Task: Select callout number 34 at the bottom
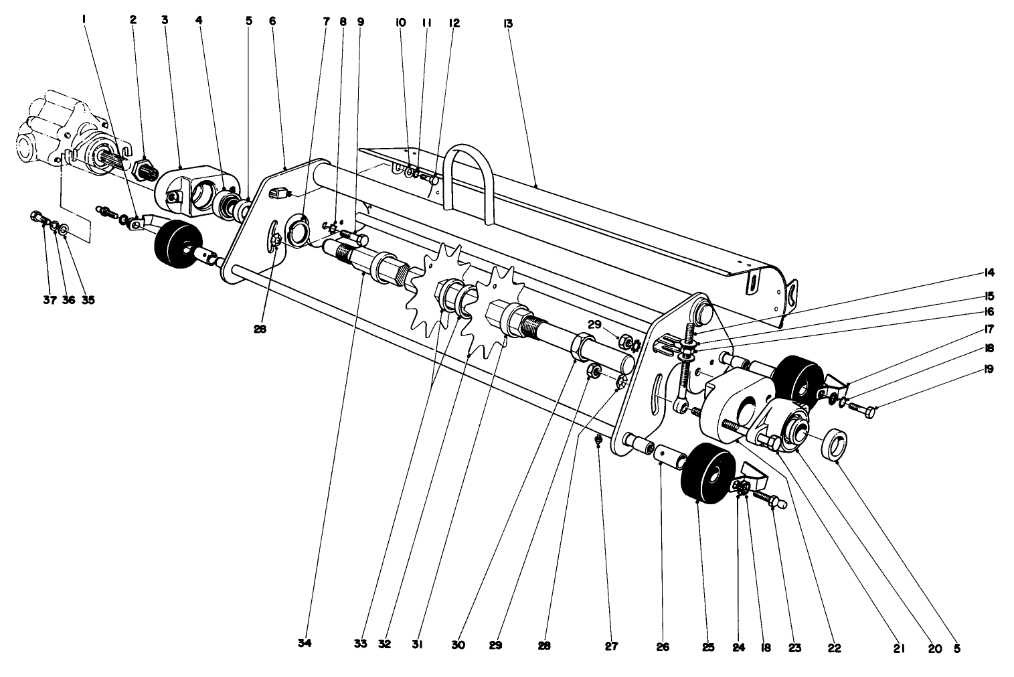click(304, 643)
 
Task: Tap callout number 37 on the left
click(49, 300)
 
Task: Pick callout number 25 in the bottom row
click(708, 648)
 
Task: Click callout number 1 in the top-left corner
click(84, 20)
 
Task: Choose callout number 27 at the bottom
click(611, 647)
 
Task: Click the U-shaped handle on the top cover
click(472, 181)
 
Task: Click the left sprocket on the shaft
click(434, 290)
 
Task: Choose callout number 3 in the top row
click(165, 20)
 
